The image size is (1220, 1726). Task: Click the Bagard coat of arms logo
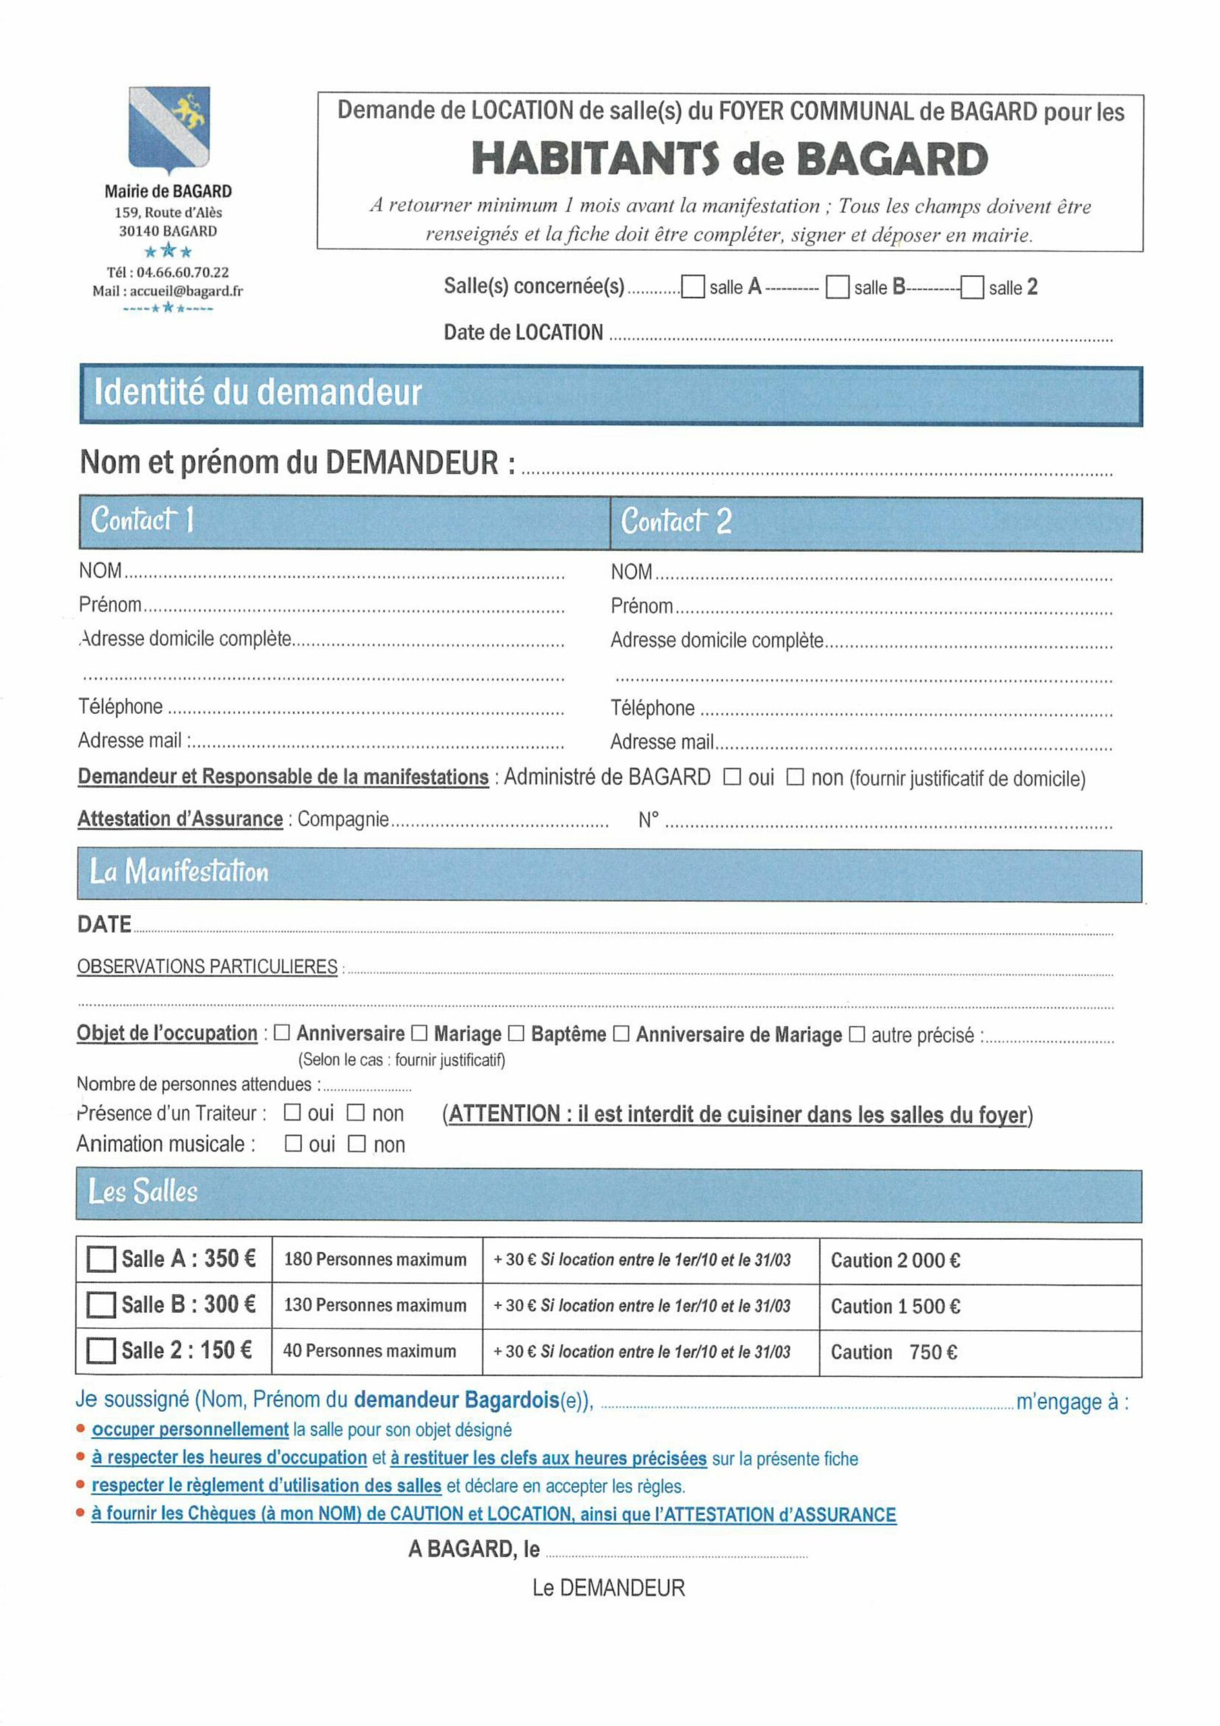169,129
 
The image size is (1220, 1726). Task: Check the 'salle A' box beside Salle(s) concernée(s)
692,287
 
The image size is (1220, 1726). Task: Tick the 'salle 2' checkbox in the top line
972,288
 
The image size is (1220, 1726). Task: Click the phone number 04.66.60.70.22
182,272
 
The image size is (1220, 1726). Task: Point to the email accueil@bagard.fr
185,291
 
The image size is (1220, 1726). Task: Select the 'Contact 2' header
676,521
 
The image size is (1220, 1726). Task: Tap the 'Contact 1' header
143,519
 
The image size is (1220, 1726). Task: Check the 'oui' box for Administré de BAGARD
731,777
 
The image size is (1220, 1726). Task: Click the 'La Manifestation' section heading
179,871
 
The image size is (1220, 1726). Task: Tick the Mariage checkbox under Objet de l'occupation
419,1033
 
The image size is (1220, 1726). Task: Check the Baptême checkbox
516,1033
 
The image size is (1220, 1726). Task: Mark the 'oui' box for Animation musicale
293,1143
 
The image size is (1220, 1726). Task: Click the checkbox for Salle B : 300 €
100,1305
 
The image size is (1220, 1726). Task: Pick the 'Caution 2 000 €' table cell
894,1261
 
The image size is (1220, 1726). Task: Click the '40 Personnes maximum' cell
369,1351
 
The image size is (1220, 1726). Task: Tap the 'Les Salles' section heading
143,1191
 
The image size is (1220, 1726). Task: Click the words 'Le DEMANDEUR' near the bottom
608,1588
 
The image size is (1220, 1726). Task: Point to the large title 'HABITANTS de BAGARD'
729,158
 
